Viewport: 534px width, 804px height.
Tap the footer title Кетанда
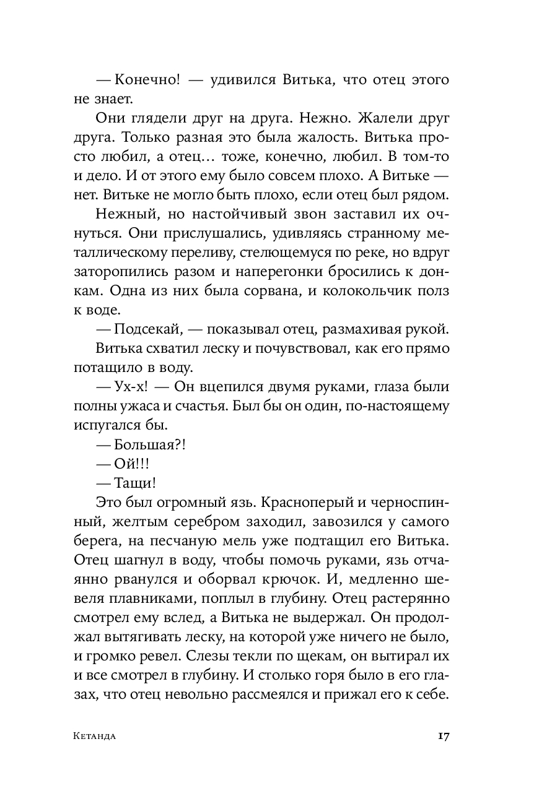pos(95,737)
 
